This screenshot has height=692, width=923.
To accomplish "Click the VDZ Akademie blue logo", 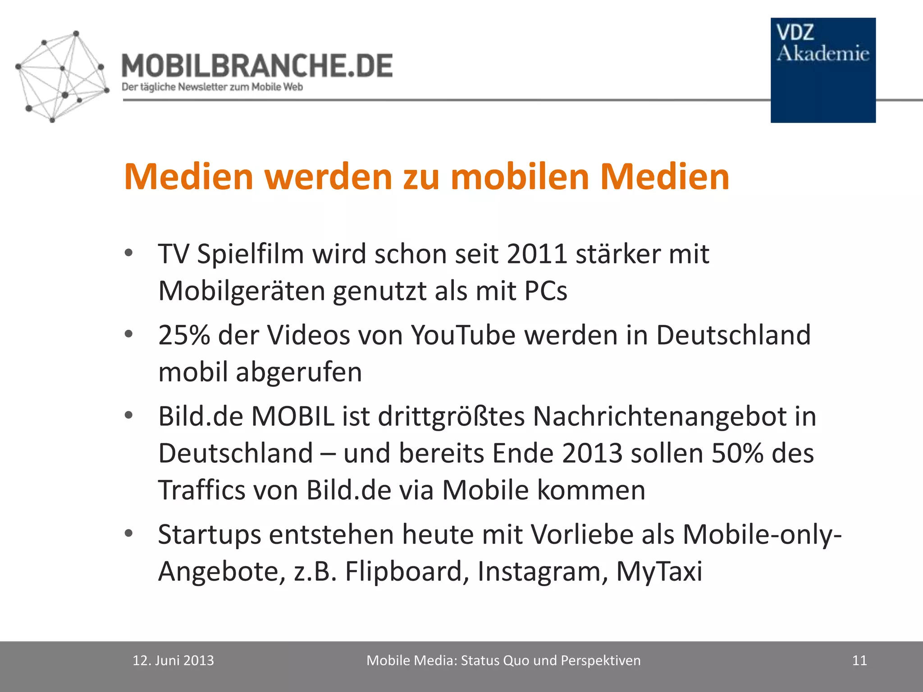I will (x=823, y=70).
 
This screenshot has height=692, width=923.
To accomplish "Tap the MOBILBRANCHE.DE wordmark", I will (x=257, y=66).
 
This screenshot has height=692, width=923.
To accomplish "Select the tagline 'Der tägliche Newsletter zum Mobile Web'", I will (x=212, y=87).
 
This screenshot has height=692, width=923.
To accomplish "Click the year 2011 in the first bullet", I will (x=536, y=254).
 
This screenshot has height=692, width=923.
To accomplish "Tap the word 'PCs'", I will (x=545, y=291).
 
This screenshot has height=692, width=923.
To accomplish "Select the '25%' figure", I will (x=184, y=335).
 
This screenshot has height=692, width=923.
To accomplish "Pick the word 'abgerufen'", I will (x=298, y=373).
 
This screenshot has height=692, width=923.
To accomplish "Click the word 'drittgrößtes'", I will (x=451, y=416).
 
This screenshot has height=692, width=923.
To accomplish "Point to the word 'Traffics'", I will (x=201, y=490).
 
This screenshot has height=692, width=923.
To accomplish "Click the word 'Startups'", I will (x=210, y=535).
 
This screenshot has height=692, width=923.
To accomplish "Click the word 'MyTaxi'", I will (x=659, y=572).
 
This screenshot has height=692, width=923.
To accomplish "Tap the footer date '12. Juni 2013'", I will (x=173, y=660).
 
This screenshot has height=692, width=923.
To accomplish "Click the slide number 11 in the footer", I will (x=859, y=660).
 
